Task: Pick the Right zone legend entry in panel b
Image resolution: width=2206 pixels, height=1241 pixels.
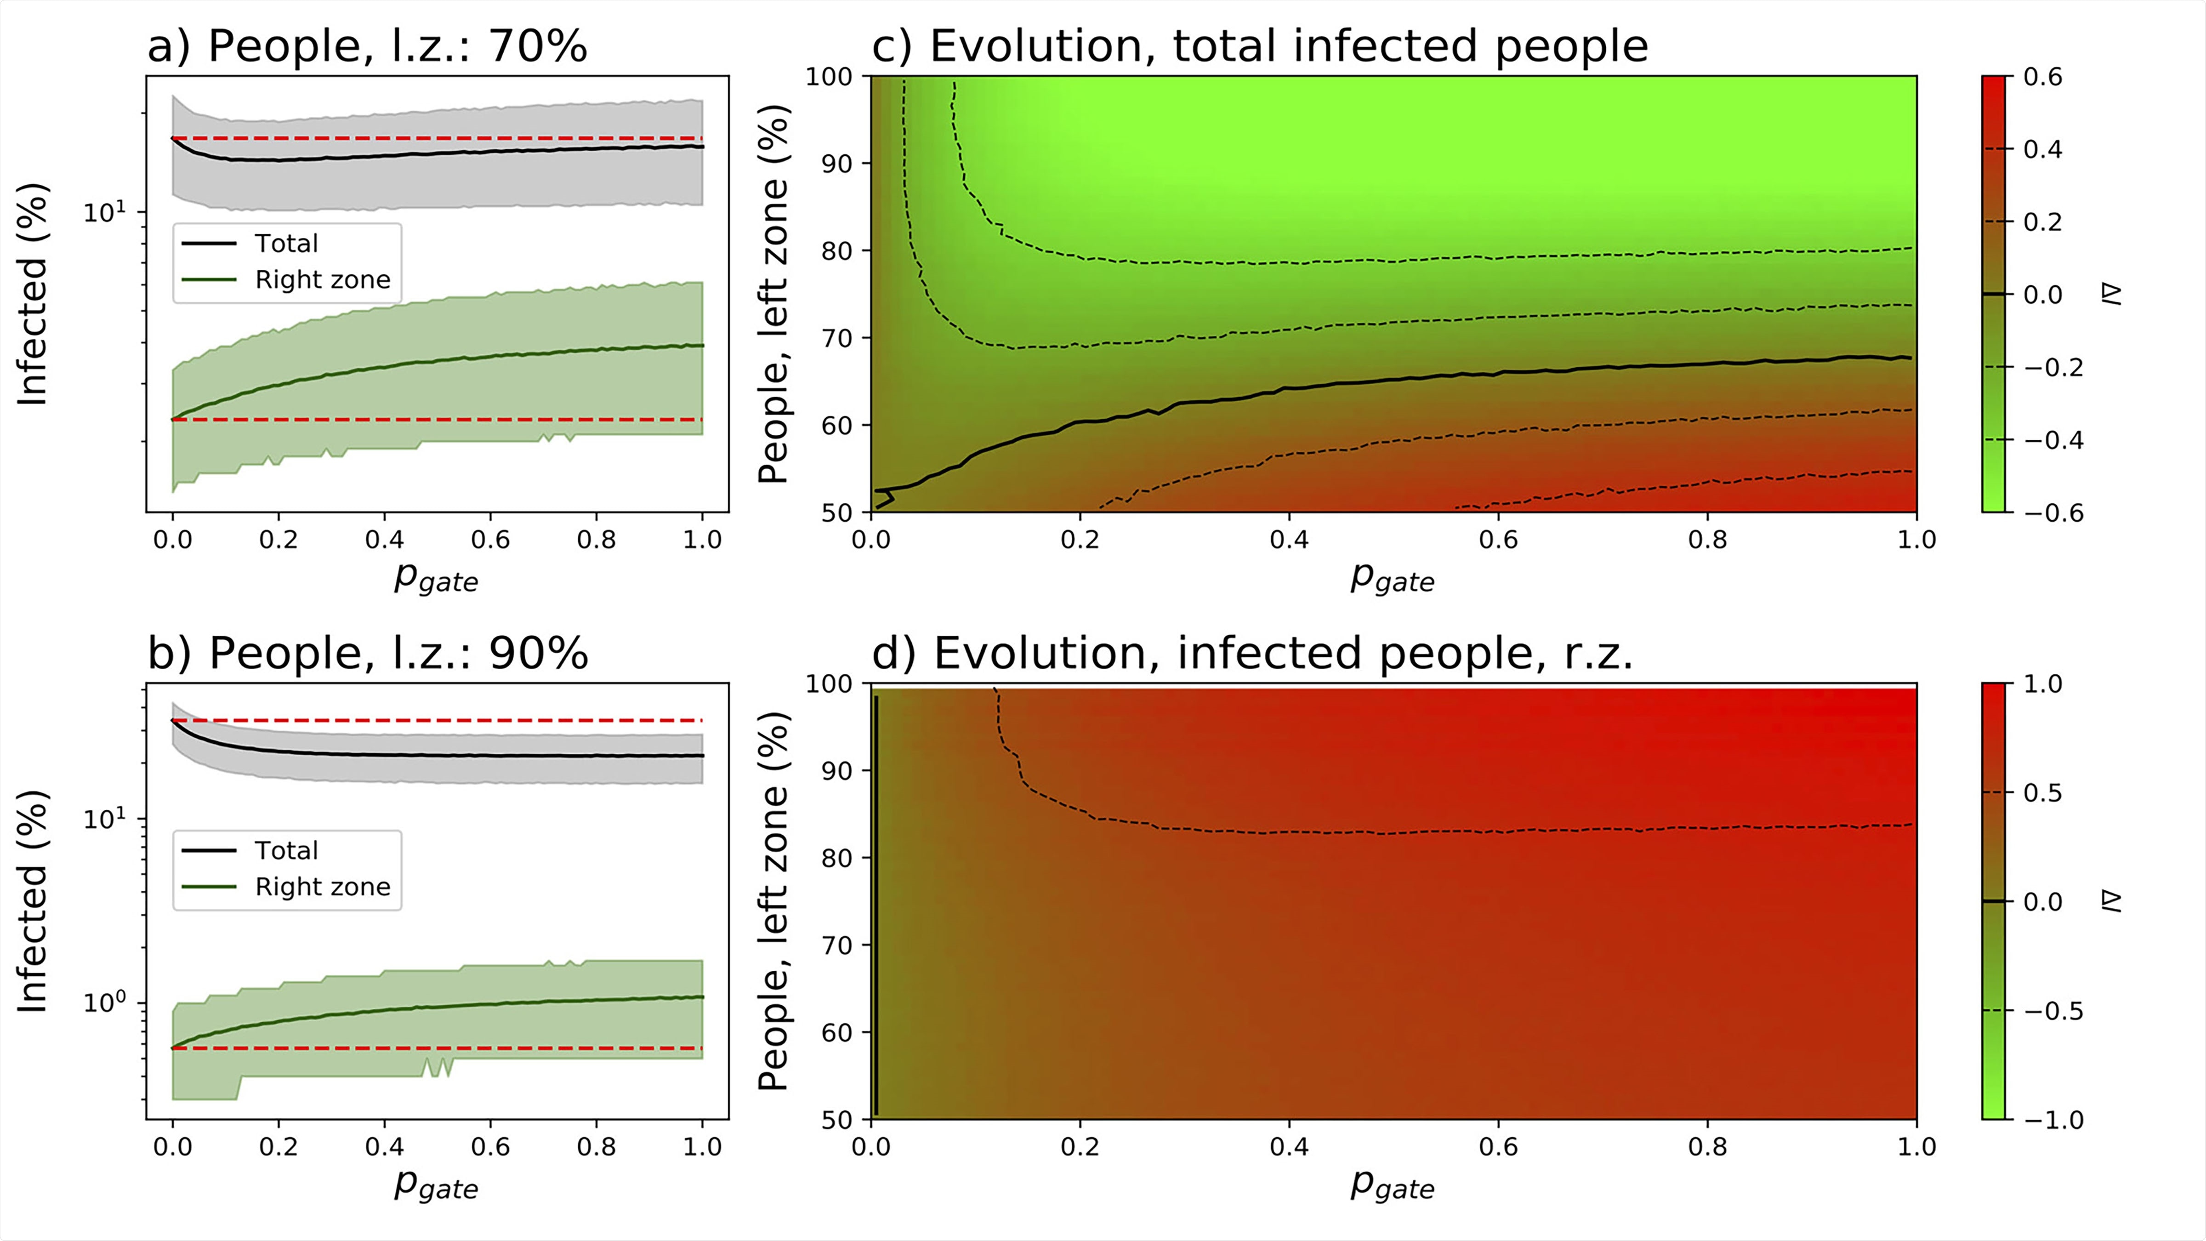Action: point(322,887)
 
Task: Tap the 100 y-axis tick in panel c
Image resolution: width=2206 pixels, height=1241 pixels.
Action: point(828,77)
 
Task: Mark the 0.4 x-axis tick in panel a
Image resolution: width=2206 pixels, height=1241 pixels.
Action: point(385,540)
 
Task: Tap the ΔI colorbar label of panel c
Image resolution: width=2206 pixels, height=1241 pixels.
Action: point(2112,295)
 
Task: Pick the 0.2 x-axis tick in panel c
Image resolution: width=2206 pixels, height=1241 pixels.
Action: point(1080,540)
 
